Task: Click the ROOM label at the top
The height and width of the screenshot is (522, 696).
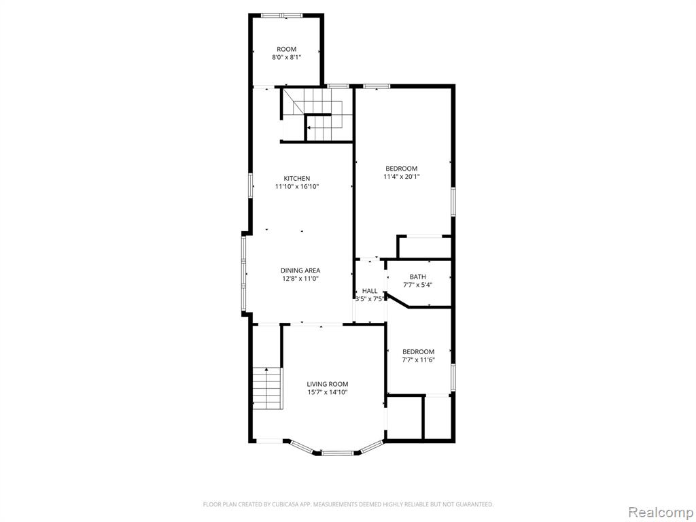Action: (286, 49)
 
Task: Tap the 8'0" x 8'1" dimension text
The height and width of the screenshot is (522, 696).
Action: (286, 57)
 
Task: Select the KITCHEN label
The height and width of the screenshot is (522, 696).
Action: (297, 179)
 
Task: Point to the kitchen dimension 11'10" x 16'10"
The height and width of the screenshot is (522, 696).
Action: (297, 186)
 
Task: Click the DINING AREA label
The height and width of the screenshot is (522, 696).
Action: (300, 271)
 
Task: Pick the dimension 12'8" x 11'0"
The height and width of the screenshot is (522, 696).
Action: (300, 278)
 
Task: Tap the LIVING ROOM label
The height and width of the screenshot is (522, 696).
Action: (328, 384)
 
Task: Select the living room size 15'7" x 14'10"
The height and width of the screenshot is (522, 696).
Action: (328, 392)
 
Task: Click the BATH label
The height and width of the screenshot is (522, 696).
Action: (418, 277)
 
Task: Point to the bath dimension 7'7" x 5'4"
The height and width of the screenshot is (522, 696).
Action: (418, 285)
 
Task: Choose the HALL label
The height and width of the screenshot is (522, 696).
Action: (370, 291)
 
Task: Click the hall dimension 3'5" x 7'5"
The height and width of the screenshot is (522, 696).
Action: (370, 299)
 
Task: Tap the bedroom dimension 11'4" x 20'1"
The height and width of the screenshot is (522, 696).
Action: (401, 176)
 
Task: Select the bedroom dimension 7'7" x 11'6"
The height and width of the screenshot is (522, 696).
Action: (418, 360)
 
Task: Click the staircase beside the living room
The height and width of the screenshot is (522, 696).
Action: (268, 388)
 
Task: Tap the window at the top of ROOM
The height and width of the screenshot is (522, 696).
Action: (282, 16)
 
